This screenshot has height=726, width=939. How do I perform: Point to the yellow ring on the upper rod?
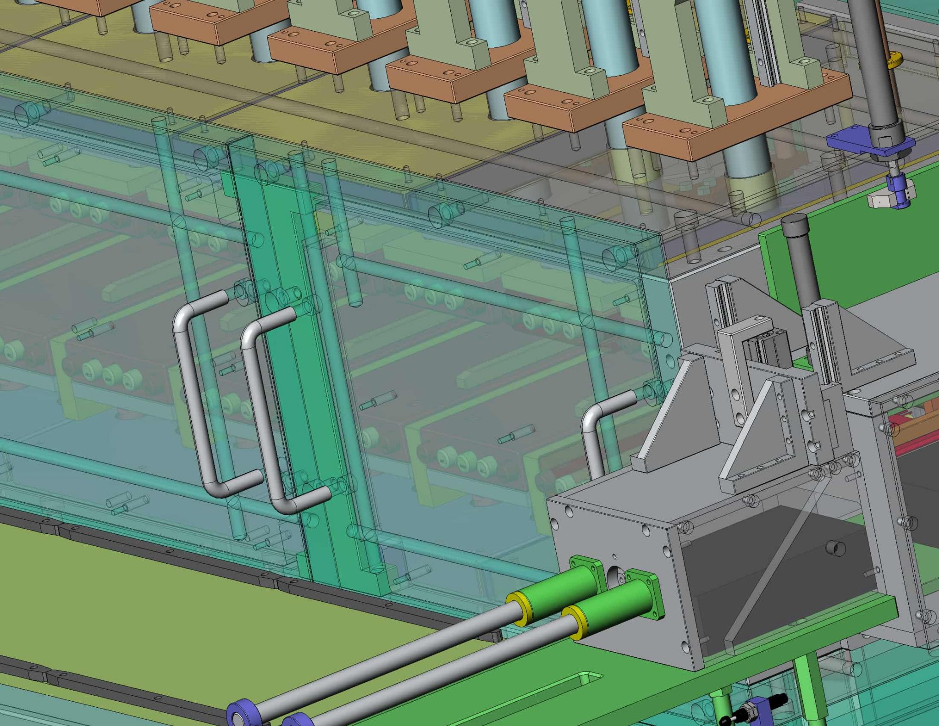(x=519, y=608)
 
